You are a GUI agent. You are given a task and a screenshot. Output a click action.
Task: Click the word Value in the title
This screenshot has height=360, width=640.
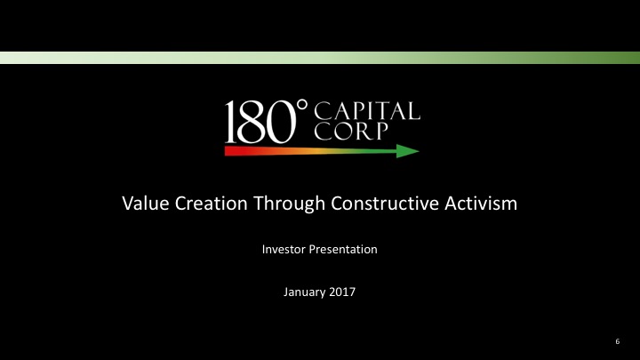[142, 204]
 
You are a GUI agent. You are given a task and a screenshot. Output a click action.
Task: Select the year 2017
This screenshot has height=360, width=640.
[341, 292]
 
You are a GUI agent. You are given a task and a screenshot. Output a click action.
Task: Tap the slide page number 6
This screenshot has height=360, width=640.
[617, 341]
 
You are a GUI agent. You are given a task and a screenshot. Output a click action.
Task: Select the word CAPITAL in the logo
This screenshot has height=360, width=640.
[368, 111]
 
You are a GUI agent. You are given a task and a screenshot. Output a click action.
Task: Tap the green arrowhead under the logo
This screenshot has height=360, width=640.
[407, 151]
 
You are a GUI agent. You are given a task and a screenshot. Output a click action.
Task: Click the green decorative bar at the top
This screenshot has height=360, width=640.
[320, 58]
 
